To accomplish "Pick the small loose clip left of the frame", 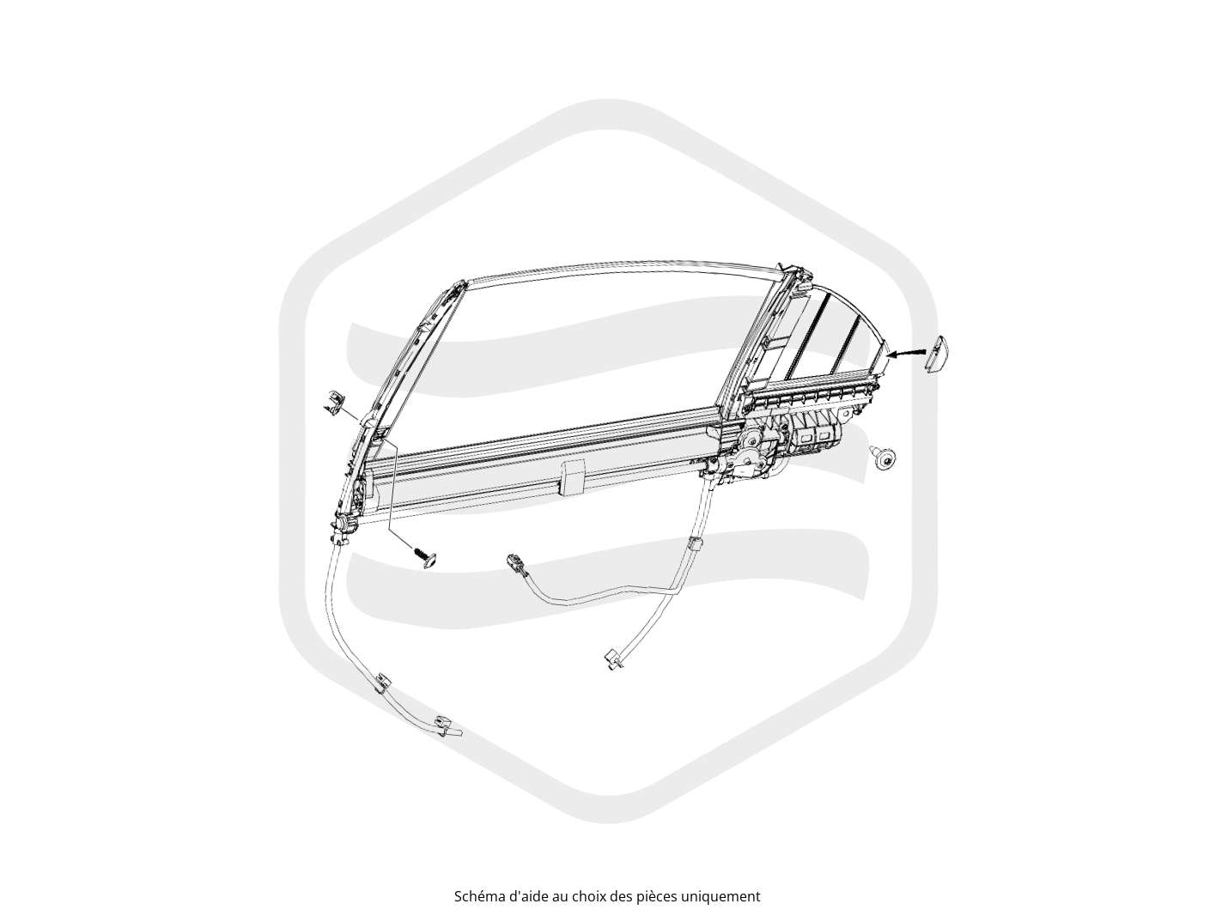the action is (x=333, y=400).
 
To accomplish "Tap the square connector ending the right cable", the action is (x=613, y=658).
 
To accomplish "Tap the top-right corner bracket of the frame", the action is (x=799, y=278).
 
